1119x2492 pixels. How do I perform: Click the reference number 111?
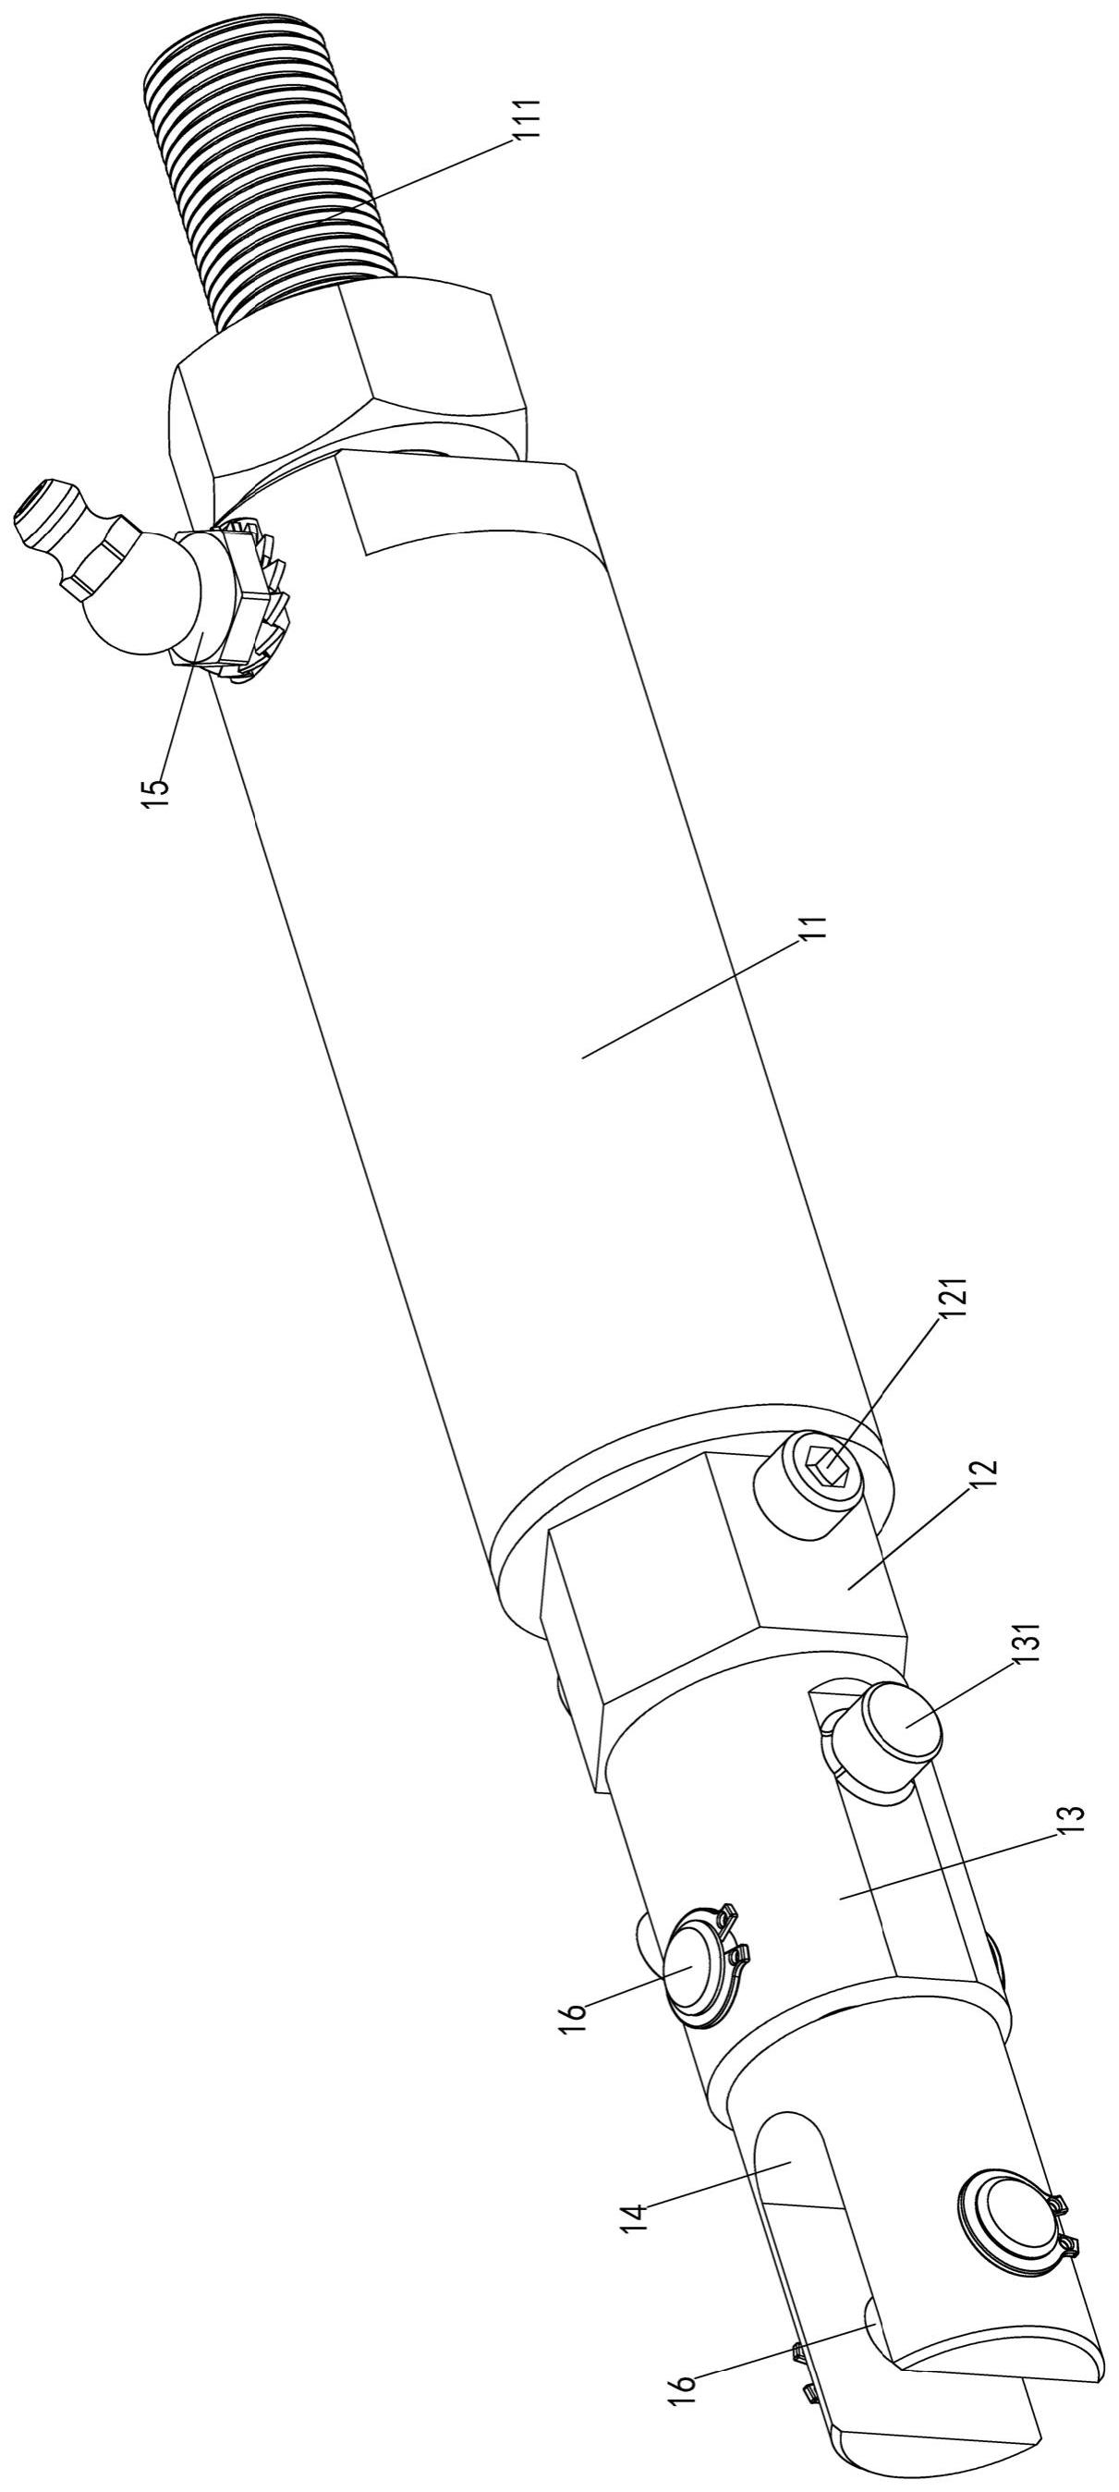click(x=527, y=122)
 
